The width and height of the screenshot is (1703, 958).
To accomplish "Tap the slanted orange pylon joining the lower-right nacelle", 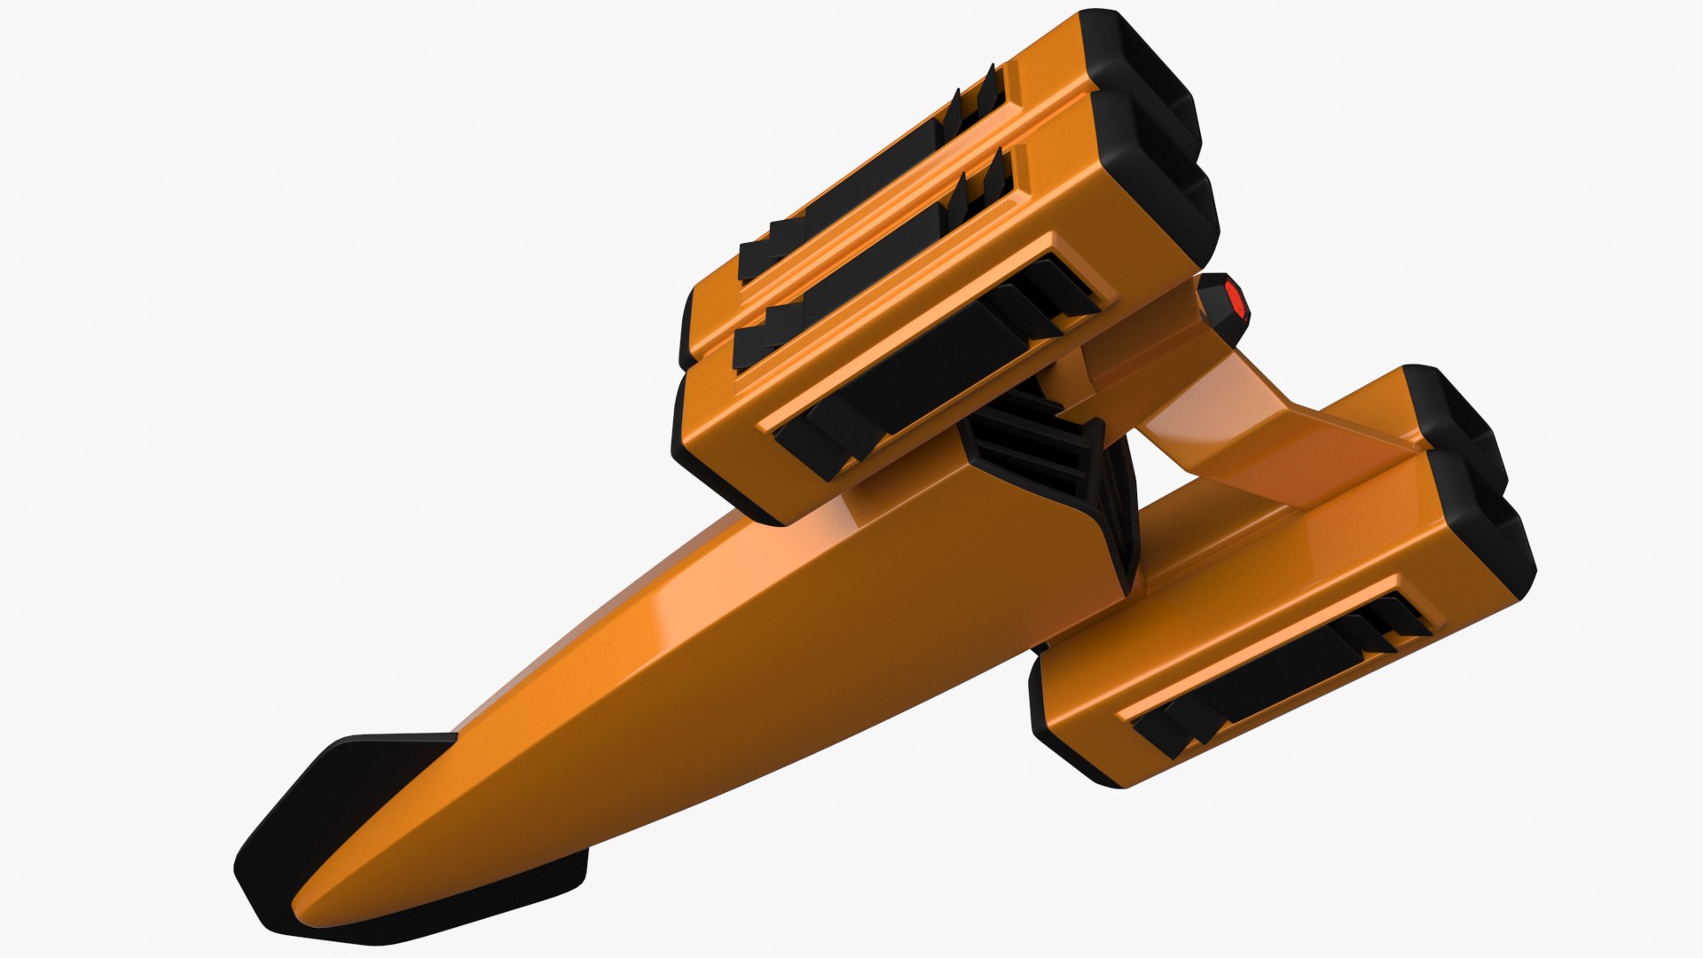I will click(1277, 444).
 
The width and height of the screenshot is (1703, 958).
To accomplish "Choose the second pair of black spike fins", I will click(980, 191).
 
